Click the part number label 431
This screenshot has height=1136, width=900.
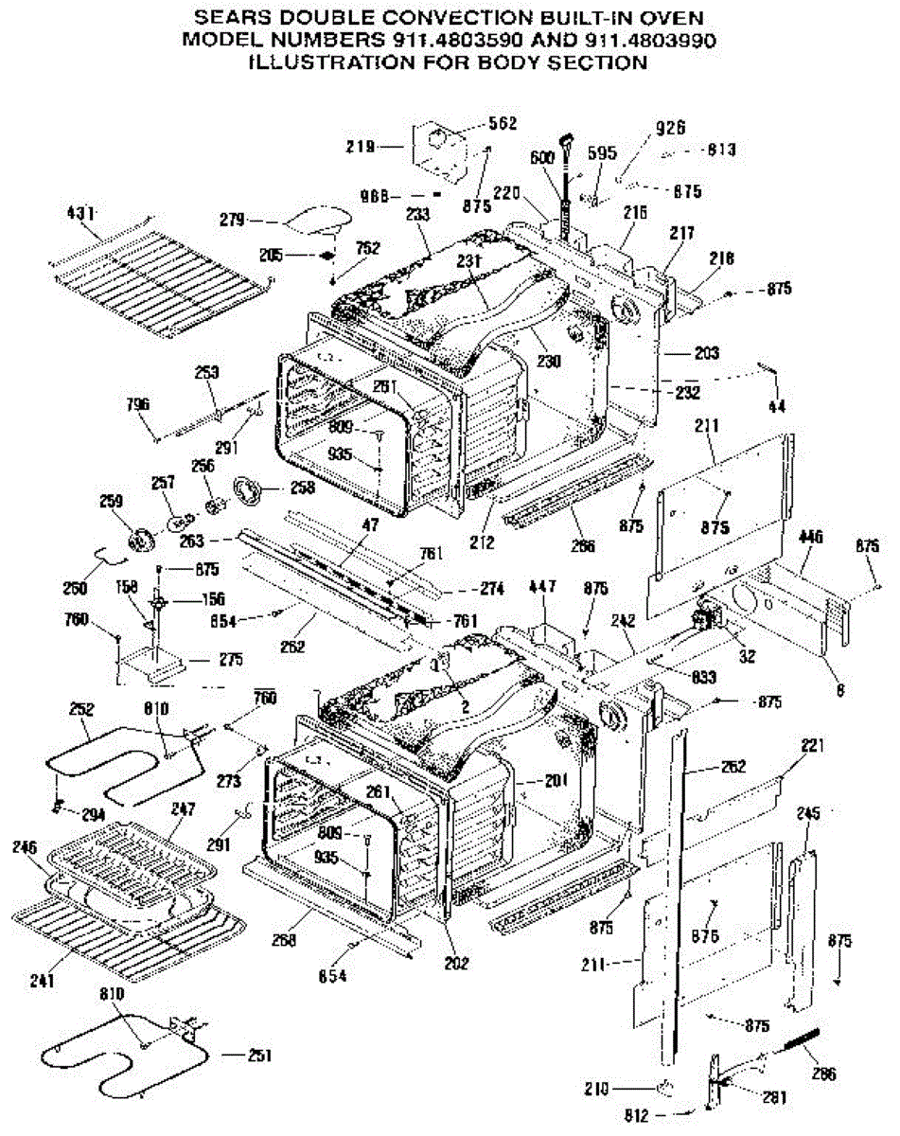coord(81,214)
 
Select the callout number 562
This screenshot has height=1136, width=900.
coord(503,123)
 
